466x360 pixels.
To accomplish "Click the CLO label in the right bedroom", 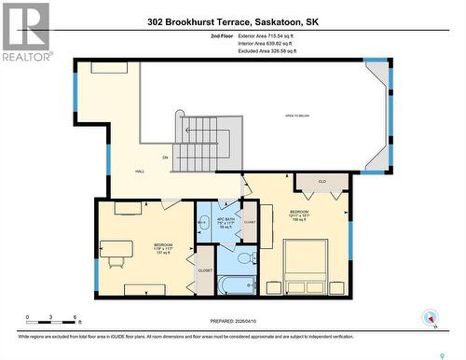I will pos(322,181).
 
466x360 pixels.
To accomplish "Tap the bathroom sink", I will pos(203,223).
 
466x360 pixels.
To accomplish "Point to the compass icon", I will pos(430,317).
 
